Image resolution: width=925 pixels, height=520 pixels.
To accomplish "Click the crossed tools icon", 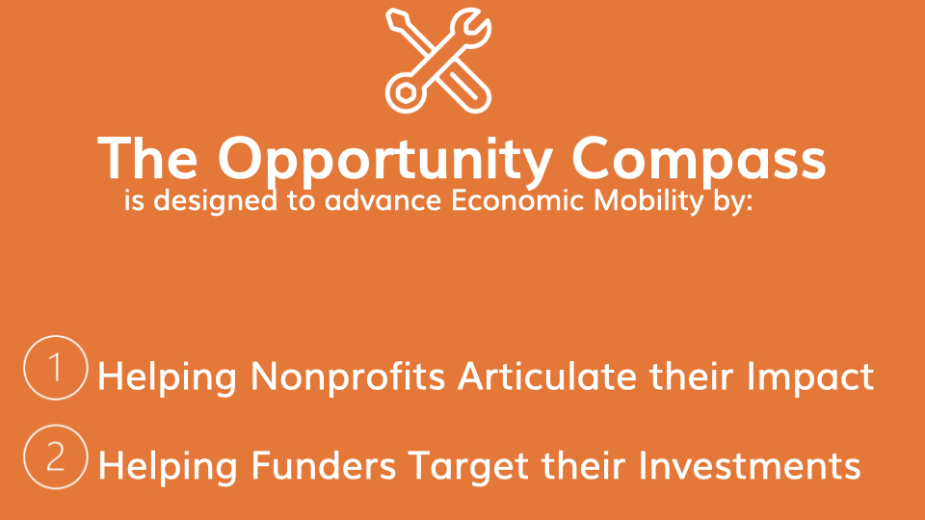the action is (438, 60).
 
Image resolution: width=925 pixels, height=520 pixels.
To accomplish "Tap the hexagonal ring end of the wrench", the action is (406, 92).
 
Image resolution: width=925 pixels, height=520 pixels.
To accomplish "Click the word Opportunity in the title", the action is (385, 159).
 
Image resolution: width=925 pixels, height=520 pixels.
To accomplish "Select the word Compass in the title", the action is (700, 159).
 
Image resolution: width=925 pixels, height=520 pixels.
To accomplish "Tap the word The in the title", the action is (147, 158).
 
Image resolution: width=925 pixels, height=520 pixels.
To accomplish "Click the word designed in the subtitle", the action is (215, 201).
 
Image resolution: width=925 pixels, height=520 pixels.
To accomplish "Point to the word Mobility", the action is (648, 201).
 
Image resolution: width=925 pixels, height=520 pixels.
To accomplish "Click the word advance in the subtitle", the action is (383, 200).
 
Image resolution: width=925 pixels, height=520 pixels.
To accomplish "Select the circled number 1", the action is (56, 368).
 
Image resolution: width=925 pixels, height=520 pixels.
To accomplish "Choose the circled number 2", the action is (56, 456).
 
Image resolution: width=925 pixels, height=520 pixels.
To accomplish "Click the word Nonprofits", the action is (348, 377).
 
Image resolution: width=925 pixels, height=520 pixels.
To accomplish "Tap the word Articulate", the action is (547, 377).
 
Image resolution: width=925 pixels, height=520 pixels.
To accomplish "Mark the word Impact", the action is (810, 377).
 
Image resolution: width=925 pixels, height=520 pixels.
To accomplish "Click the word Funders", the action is (324, 466).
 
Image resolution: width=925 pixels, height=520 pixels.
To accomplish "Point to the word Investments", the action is (750, 466).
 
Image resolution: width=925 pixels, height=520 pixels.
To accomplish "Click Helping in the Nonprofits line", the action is (168, 377).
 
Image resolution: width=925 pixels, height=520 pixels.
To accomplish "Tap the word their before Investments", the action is (584, 466).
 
